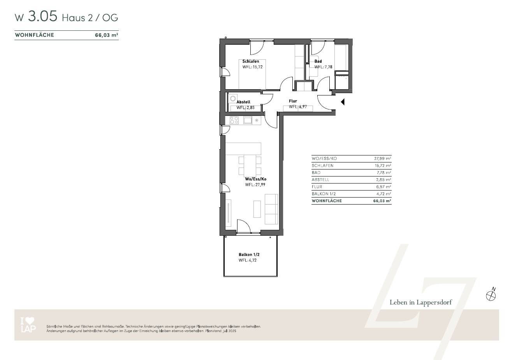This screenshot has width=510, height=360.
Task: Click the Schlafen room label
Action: [250, 62]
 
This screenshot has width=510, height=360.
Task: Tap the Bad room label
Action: [318, 62]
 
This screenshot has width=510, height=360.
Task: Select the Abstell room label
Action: [243, 102]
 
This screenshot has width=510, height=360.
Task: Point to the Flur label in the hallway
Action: [293, 101]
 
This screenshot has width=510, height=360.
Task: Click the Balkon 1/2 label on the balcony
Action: [249, 255]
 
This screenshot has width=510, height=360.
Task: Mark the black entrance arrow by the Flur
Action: [343, 102]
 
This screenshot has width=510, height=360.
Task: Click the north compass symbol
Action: [491, 296]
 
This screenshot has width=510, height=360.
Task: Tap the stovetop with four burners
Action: [234, 120]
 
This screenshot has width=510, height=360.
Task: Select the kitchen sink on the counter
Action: [248, 120]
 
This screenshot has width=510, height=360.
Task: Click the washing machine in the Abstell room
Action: [233, 99]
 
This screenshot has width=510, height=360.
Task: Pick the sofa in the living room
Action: [271, 209]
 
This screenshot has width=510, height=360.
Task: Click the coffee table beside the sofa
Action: [257, 209]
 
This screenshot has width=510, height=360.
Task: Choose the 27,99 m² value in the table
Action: [382, 159]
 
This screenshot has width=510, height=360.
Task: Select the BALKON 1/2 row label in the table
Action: [324, 194]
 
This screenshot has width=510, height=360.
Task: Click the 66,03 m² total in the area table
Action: [382, 201]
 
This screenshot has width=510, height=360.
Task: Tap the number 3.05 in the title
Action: [42, 17]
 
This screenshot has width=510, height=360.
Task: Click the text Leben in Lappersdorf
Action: [421, 303]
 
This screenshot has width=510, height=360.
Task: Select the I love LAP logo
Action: [28, 326]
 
